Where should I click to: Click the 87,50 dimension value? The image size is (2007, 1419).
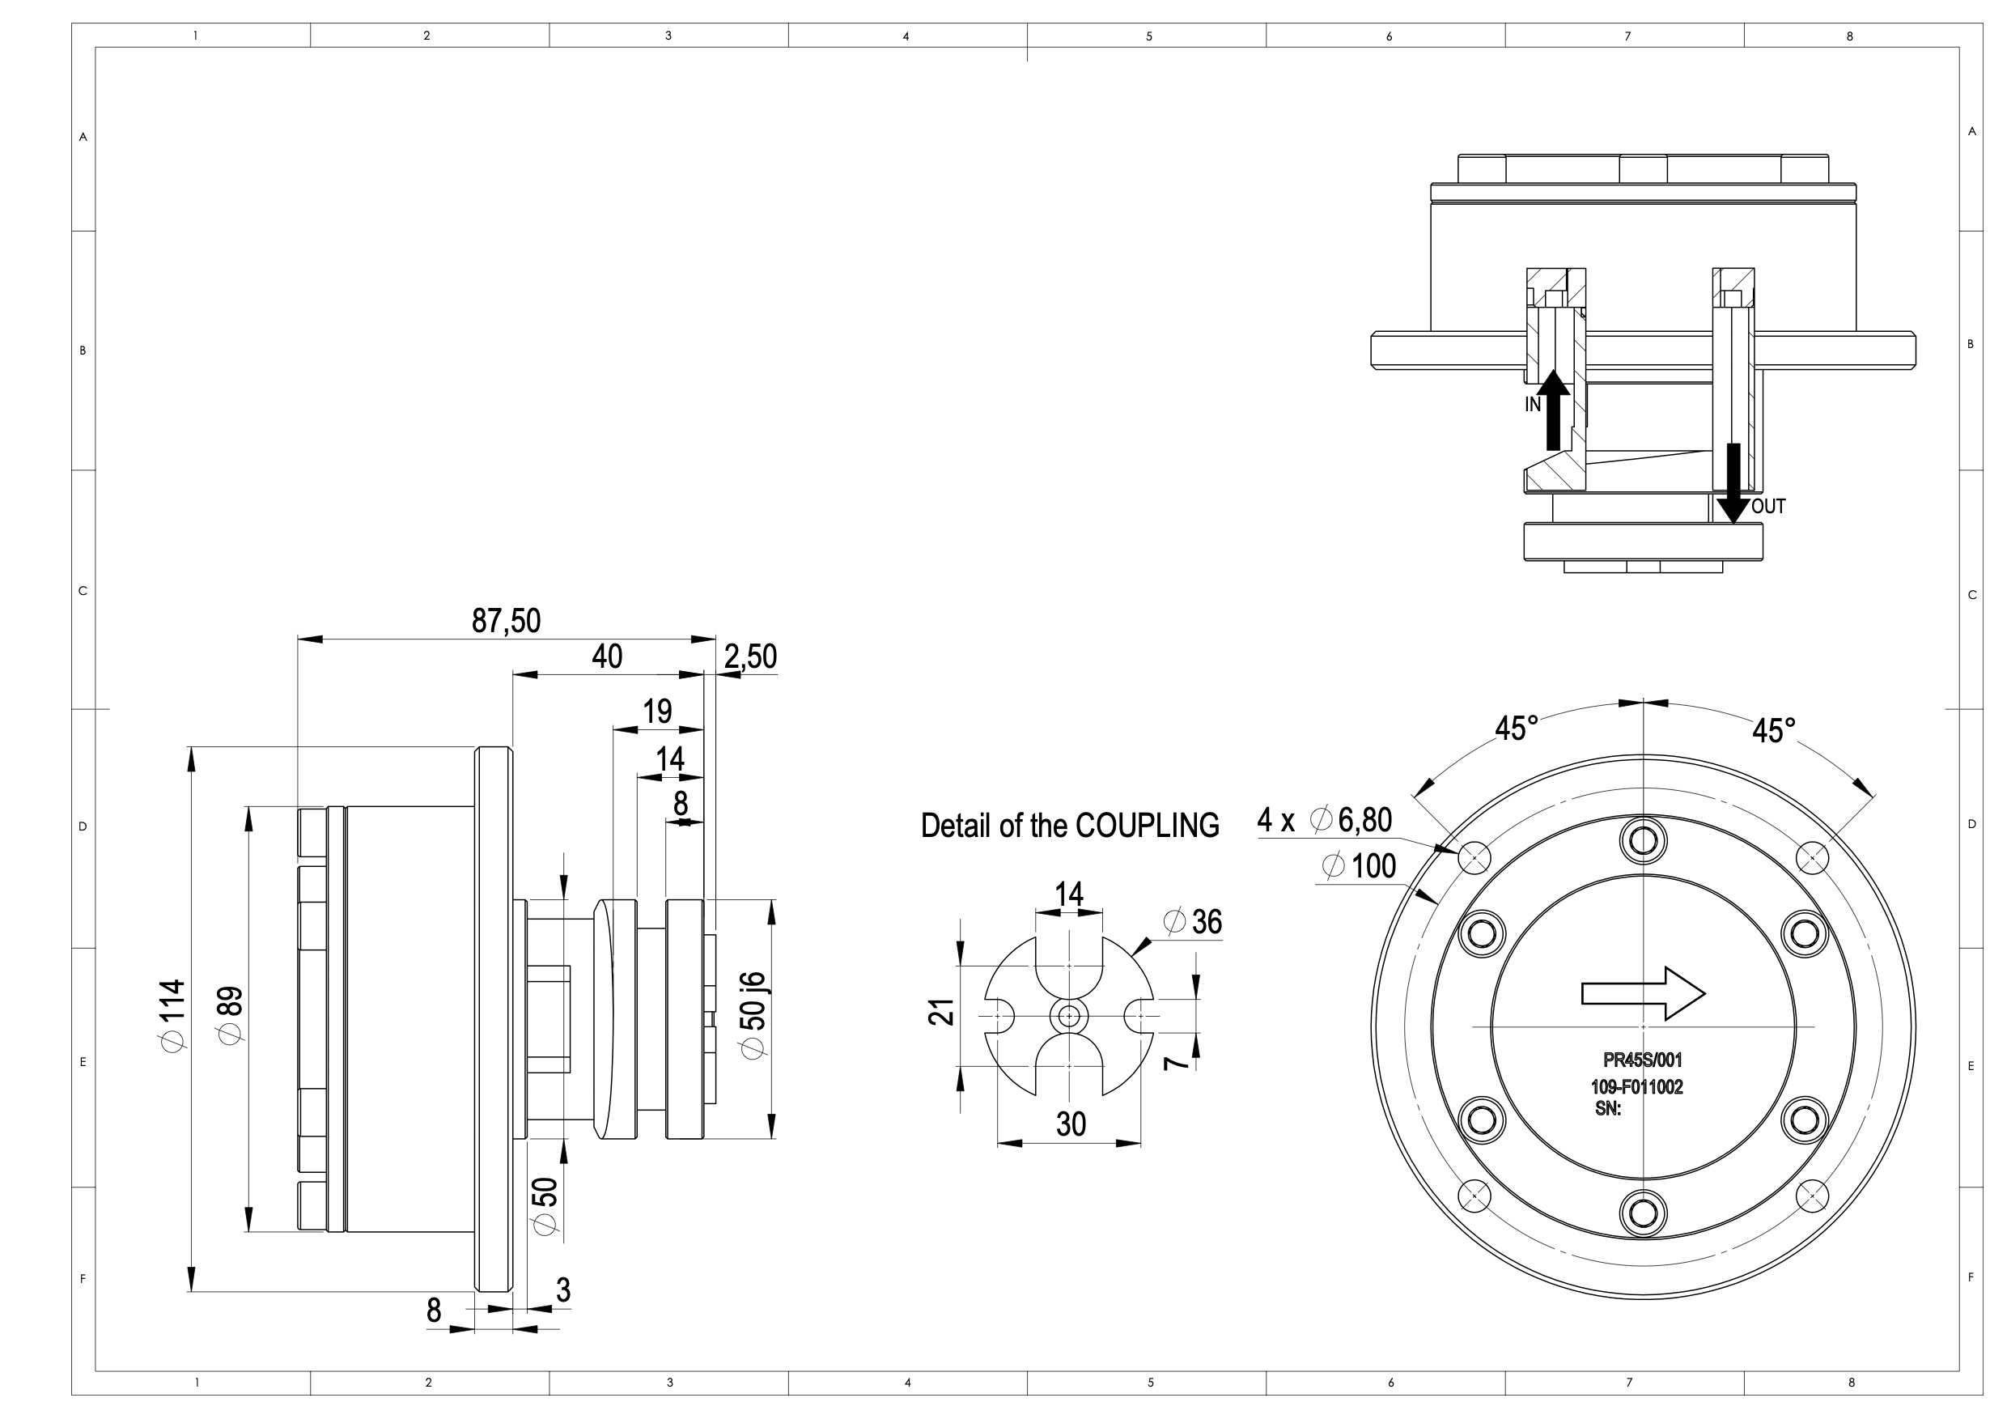coord(506,621)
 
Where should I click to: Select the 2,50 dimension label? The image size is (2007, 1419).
coord(750,656)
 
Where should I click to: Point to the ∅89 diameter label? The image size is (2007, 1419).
coord(231,1014)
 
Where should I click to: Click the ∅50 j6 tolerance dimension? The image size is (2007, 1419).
coord(753,1015)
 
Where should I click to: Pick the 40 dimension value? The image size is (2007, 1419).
coord(607,656)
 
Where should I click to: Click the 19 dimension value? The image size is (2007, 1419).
coord(657,712)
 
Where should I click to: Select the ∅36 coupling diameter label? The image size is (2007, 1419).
coord(1193,921)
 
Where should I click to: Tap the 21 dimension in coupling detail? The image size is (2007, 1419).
coord(940,1012)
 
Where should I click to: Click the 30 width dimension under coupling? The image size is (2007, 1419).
coord(1071,1124)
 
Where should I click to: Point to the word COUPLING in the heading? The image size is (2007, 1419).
coord(1147,826)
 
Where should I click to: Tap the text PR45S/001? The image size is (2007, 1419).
coord(1643,1060)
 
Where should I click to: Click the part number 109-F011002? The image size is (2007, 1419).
coord(1637,1088)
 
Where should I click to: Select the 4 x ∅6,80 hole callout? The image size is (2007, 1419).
coord(1324,820)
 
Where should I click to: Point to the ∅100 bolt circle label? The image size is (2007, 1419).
coord(1360,866)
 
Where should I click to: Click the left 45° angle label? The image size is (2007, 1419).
coord(1517,729)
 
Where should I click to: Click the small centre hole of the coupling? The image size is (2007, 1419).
coord(1069,1016)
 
